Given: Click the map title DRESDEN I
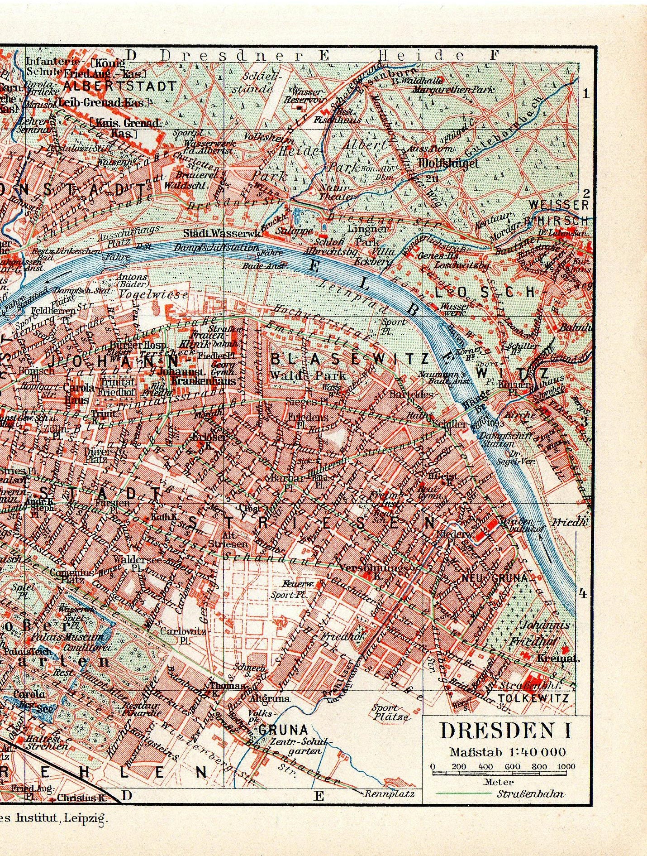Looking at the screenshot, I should pos(506,731).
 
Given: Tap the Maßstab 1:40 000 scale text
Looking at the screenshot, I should pos(507,752).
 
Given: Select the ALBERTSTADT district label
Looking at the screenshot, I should pos(119,86).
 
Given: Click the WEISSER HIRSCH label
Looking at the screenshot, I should pos(559,212).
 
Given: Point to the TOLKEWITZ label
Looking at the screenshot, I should pos(533,698).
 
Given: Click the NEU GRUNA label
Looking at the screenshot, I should pos(495,578).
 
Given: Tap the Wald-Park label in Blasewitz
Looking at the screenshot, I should pos(308,375).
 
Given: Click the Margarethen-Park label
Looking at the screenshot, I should pos(453,90).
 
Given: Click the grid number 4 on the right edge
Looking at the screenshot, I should pos(583,593).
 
